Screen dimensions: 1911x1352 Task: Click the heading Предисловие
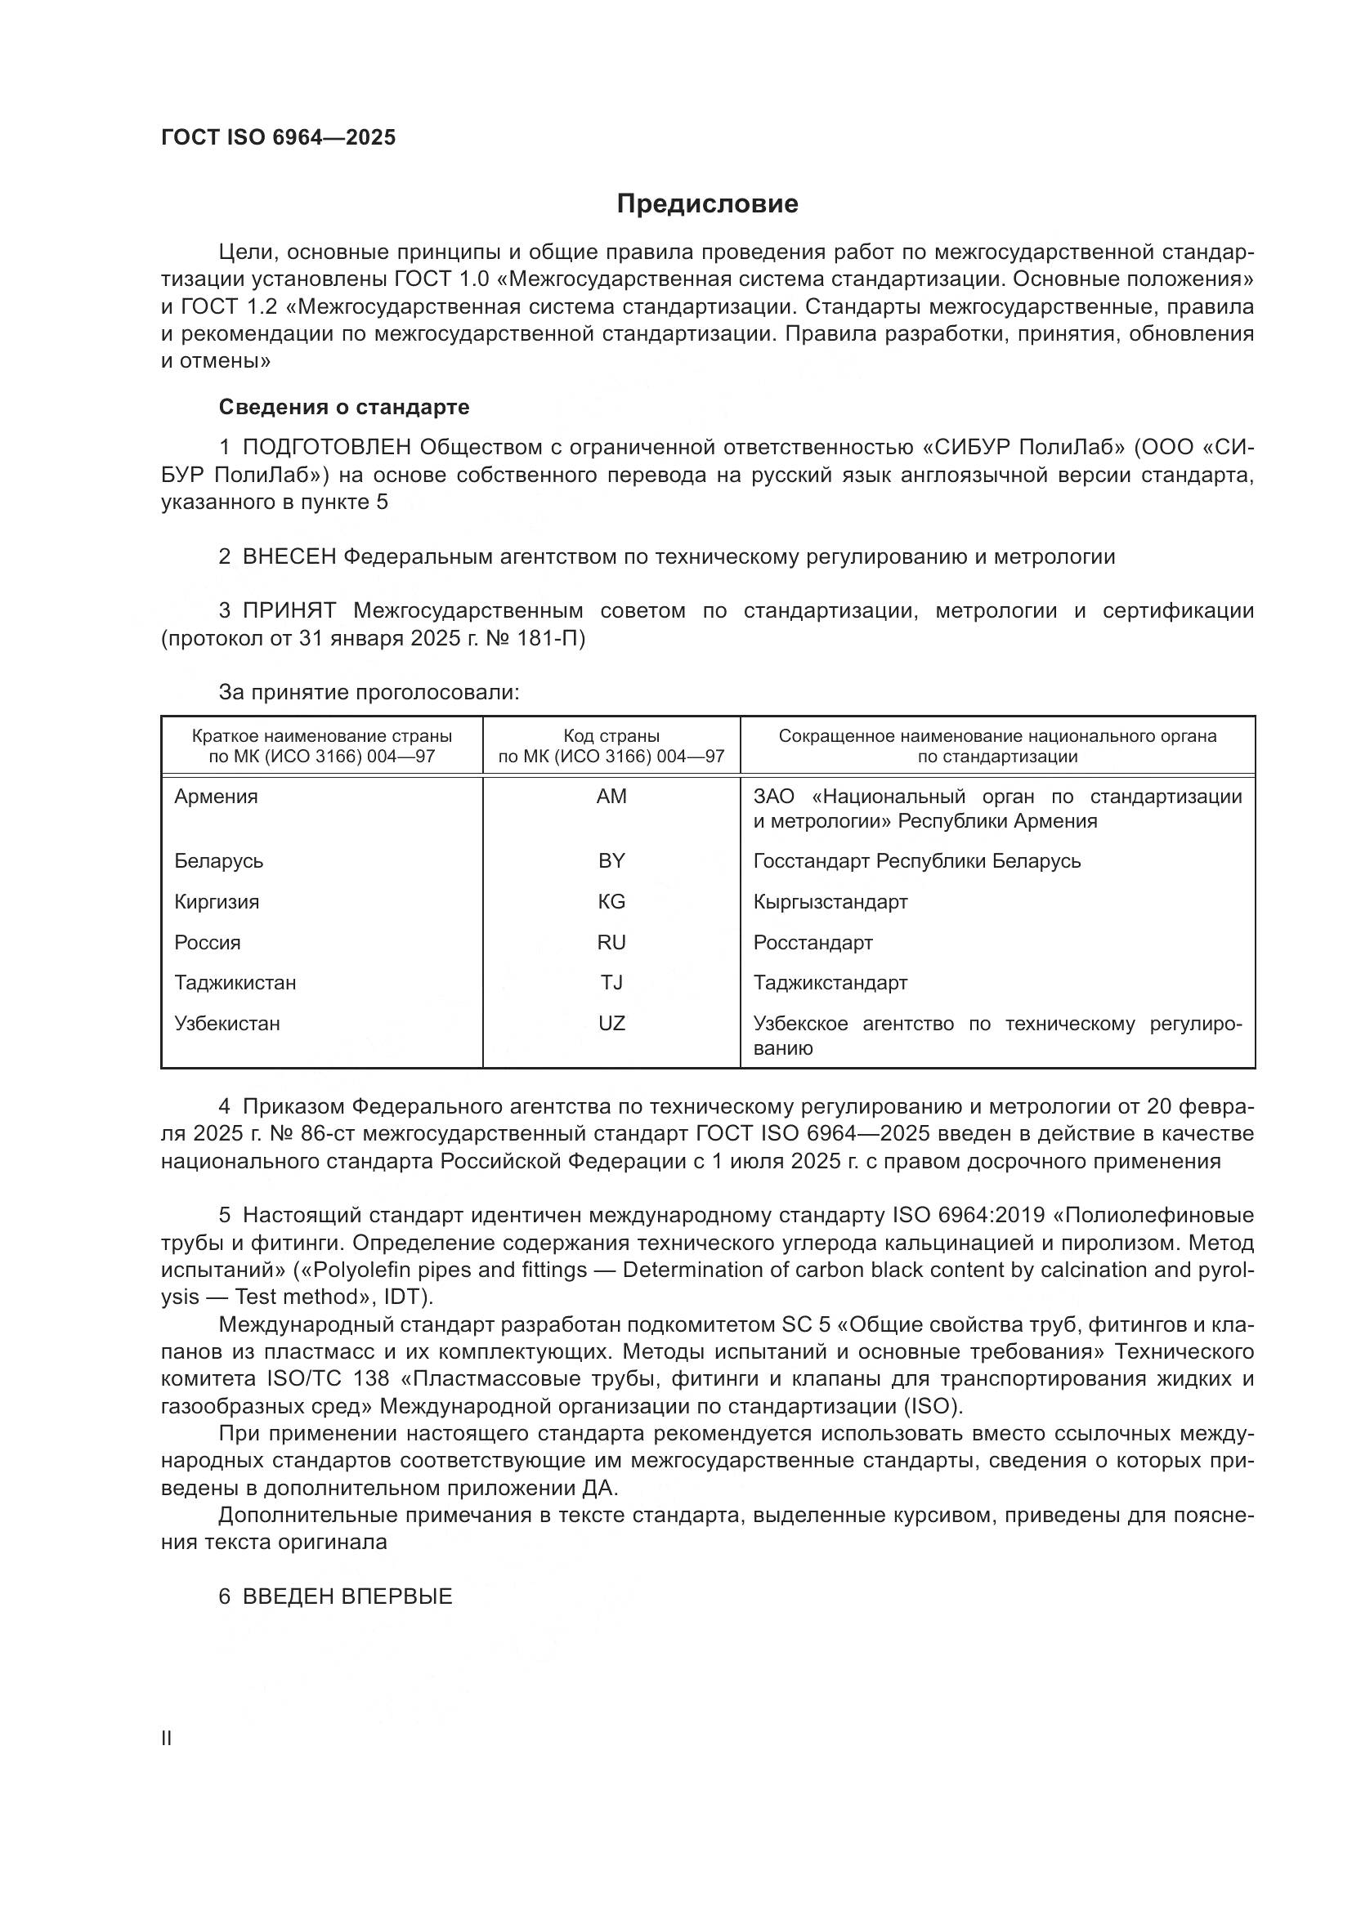tap(707, 204)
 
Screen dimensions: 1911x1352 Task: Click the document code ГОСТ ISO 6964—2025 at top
tap(278, 138)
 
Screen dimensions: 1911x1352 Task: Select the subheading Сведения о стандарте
tap(344, 407)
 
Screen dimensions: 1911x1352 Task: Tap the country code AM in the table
tap(611, 797)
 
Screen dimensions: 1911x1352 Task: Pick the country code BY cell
tap(611, 860)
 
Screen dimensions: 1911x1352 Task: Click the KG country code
tap(611, 901)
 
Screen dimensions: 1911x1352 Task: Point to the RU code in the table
tap(611, 942)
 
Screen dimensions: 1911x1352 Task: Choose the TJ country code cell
tap(611, 983)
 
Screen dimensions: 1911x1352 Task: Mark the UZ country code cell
tap(611, 1024)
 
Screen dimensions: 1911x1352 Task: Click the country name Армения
tap(216, 797)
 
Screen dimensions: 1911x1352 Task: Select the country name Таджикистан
tap(235, 983)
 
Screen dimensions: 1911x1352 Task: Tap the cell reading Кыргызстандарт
tap(830, 901)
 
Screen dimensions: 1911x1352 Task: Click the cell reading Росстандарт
tap(813, 942)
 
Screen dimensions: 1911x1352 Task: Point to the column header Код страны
tap(611, 736)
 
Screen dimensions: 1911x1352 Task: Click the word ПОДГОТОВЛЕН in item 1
tap(326, 448)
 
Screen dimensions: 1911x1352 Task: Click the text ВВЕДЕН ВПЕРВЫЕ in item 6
tap(347, 1596)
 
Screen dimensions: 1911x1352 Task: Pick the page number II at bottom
tap(167, 1739)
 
